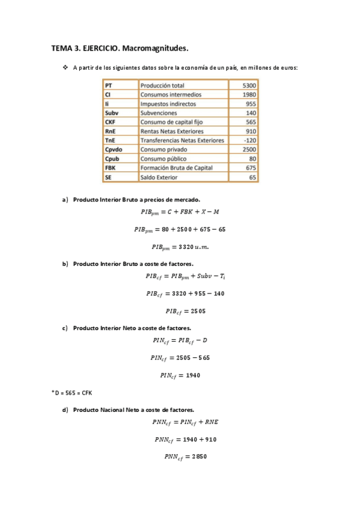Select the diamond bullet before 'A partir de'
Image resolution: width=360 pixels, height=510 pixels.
[66, 68]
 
